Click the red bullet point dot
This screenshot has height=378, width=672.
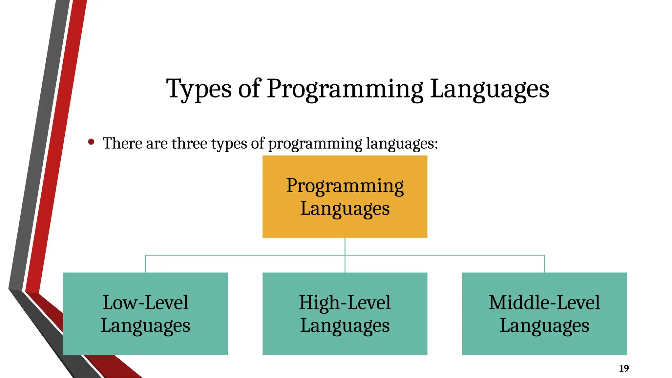pos(91,142)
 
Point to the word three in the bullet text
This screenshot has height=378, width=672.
pos(189,143)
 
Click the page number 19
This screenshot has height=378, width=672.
pos(624,368)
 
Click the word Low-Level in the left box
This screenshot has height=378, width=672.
pos(145,302)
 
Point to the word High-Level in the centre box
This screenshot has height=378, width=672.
pos(345,302)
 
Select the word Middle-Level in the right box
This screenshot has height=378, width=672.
pos(544,302)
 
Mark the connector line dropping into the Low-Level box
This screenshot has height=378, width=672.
pos(145,264)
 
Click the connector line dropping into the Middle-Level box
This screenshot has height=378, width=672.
pos(544,264)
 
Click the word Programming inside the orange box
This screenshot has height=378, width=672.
pos(345,186)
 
